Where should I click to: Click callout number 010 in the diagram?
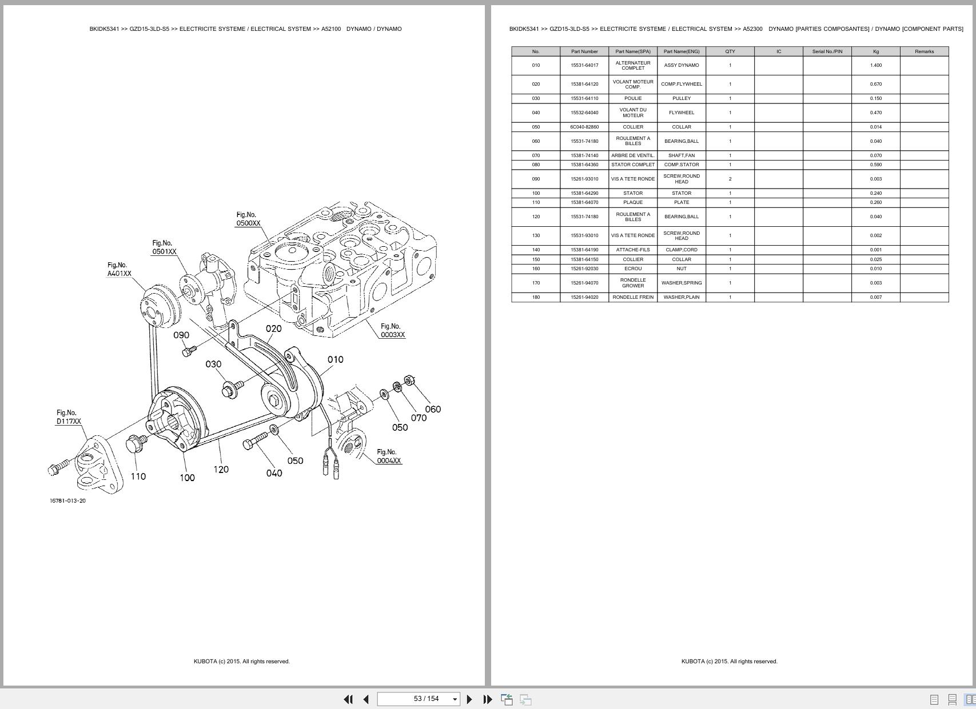click(x=335, y=359)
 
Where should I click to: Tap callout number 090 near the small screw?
click(x=181, y=335)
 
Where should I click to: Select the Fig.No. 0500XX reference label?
click(x=248, y=219)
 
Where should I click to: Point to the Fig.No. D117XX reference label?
click(x=68, y=417)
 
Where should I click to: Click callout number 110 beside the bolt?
click(x=138, y=476)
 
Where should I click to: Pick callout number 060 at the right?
click(x=433, y=409)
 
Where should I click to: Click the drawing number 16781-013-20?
click(x=67, y=501)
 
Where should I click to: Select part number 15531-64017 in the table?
click(x=584, y=65)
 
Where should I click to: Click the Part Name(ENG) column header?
click(x=682, y=51)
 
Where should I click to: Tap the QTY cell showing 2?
click(x=730, y=179)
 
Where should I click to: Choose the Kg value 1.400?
click(x=875, y=65)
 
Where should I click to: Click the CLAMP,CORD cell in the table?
click(x=682, y=250)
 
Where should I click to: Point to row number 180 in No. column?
click(x=536, y=297)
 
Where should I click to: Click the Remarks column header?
click(x=924, y=51)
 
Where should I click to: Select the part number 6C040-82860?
click(x=584, y=127)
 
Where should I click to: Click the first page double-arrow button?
click(x=348, y=699)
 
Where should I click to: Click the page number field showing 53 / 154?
click(x=419, y=699)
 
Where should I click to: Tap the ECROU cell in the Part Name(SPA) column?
click(x=633, y=269)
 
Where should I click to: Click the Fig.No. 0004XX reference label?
click(x=388, y=456)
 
